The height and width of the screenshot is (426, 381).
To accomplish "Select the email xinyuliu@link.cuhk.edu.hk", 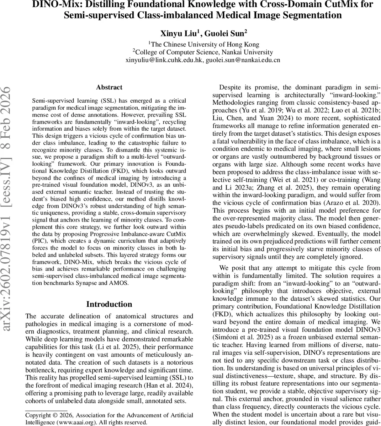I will click(164, 60).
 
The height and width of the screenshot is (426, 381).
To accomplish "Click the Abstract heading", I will click(109, 87).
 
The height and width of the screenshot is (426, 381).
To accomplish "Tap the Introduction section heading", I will click(109, 304).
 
